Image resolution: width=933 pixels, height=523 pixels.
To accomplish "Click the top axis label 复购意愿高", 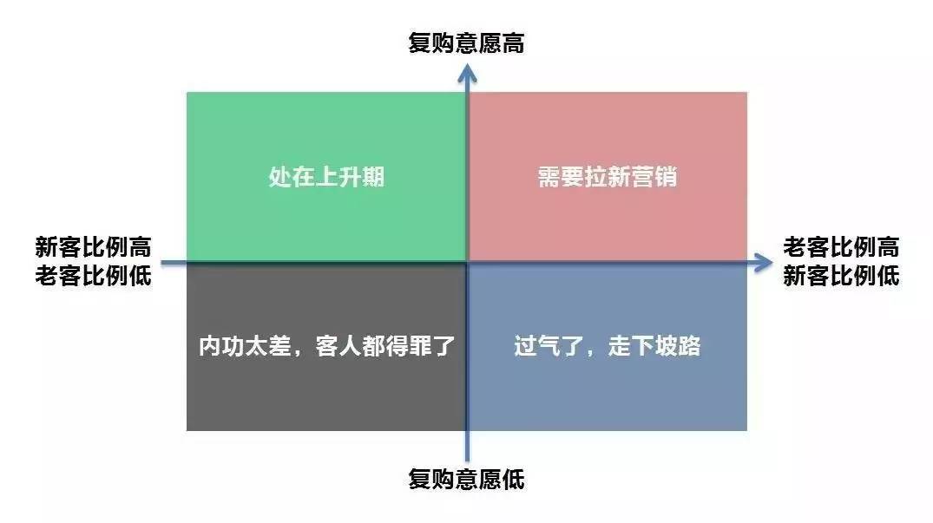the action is [x=466, y=43].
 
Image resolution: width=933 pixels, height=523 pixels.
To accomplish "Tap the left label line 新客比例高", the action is [x=93, y=247].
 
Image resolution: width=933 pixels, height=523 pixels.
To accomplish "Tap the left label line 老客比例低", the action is [x=93, y=277].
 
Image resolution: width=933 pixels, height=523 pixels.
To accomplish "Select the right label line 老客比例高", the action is [x=840, y=247].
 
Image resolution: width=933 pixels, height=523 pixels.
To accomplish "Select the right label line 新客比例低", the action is [x=840, y=277].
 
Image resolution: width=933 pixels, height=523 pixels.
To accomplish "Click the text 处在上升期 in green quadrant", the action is [x=326, y=178].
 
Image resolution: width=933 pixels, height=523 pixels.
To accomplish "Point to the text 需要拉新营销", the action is [x=607, y=178].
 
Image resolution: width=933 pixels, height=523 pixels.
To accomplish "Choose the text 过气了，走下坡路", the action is [x=607, y=347].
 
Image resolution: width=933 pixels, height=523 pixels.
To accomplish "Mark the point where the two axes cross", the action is [x=468, y=262].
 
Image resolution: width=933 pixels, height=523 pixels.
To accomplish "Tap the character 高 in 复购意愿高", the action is [x=513, y=43].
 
